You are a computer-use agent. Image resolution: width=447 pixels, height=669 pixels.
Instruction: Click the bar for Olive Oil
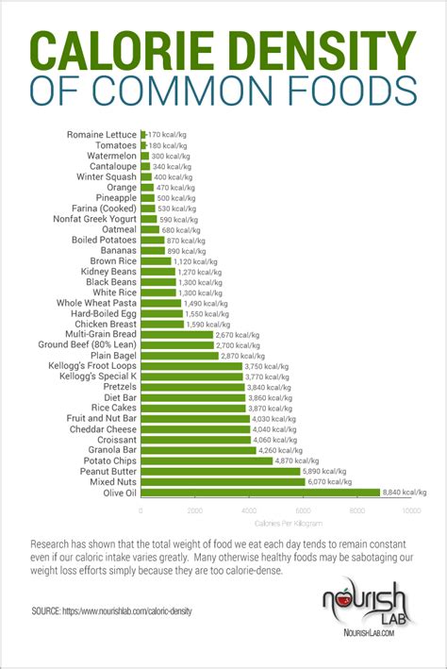coord(259,492)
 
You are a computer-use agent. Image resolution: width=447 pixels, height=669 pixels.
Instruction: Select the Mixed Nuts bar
coord(223,481)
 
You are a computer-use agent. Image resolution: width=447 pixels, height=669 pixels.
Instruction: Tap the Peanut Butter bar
coord(220,471)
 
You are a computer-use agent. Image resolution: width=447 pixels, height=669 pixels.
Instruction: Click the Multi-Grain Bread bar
coord(176,333)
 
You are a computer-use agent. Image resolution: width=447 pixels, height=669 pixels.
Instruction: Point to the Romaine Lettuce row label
coord(101,134)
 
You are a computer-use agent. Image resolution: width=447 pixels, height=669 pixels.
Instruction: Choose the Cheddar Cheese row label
coord(103,428)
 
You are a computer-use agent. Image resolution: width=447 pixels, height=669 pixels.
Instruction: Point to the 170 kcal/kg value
coord(168,134)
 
